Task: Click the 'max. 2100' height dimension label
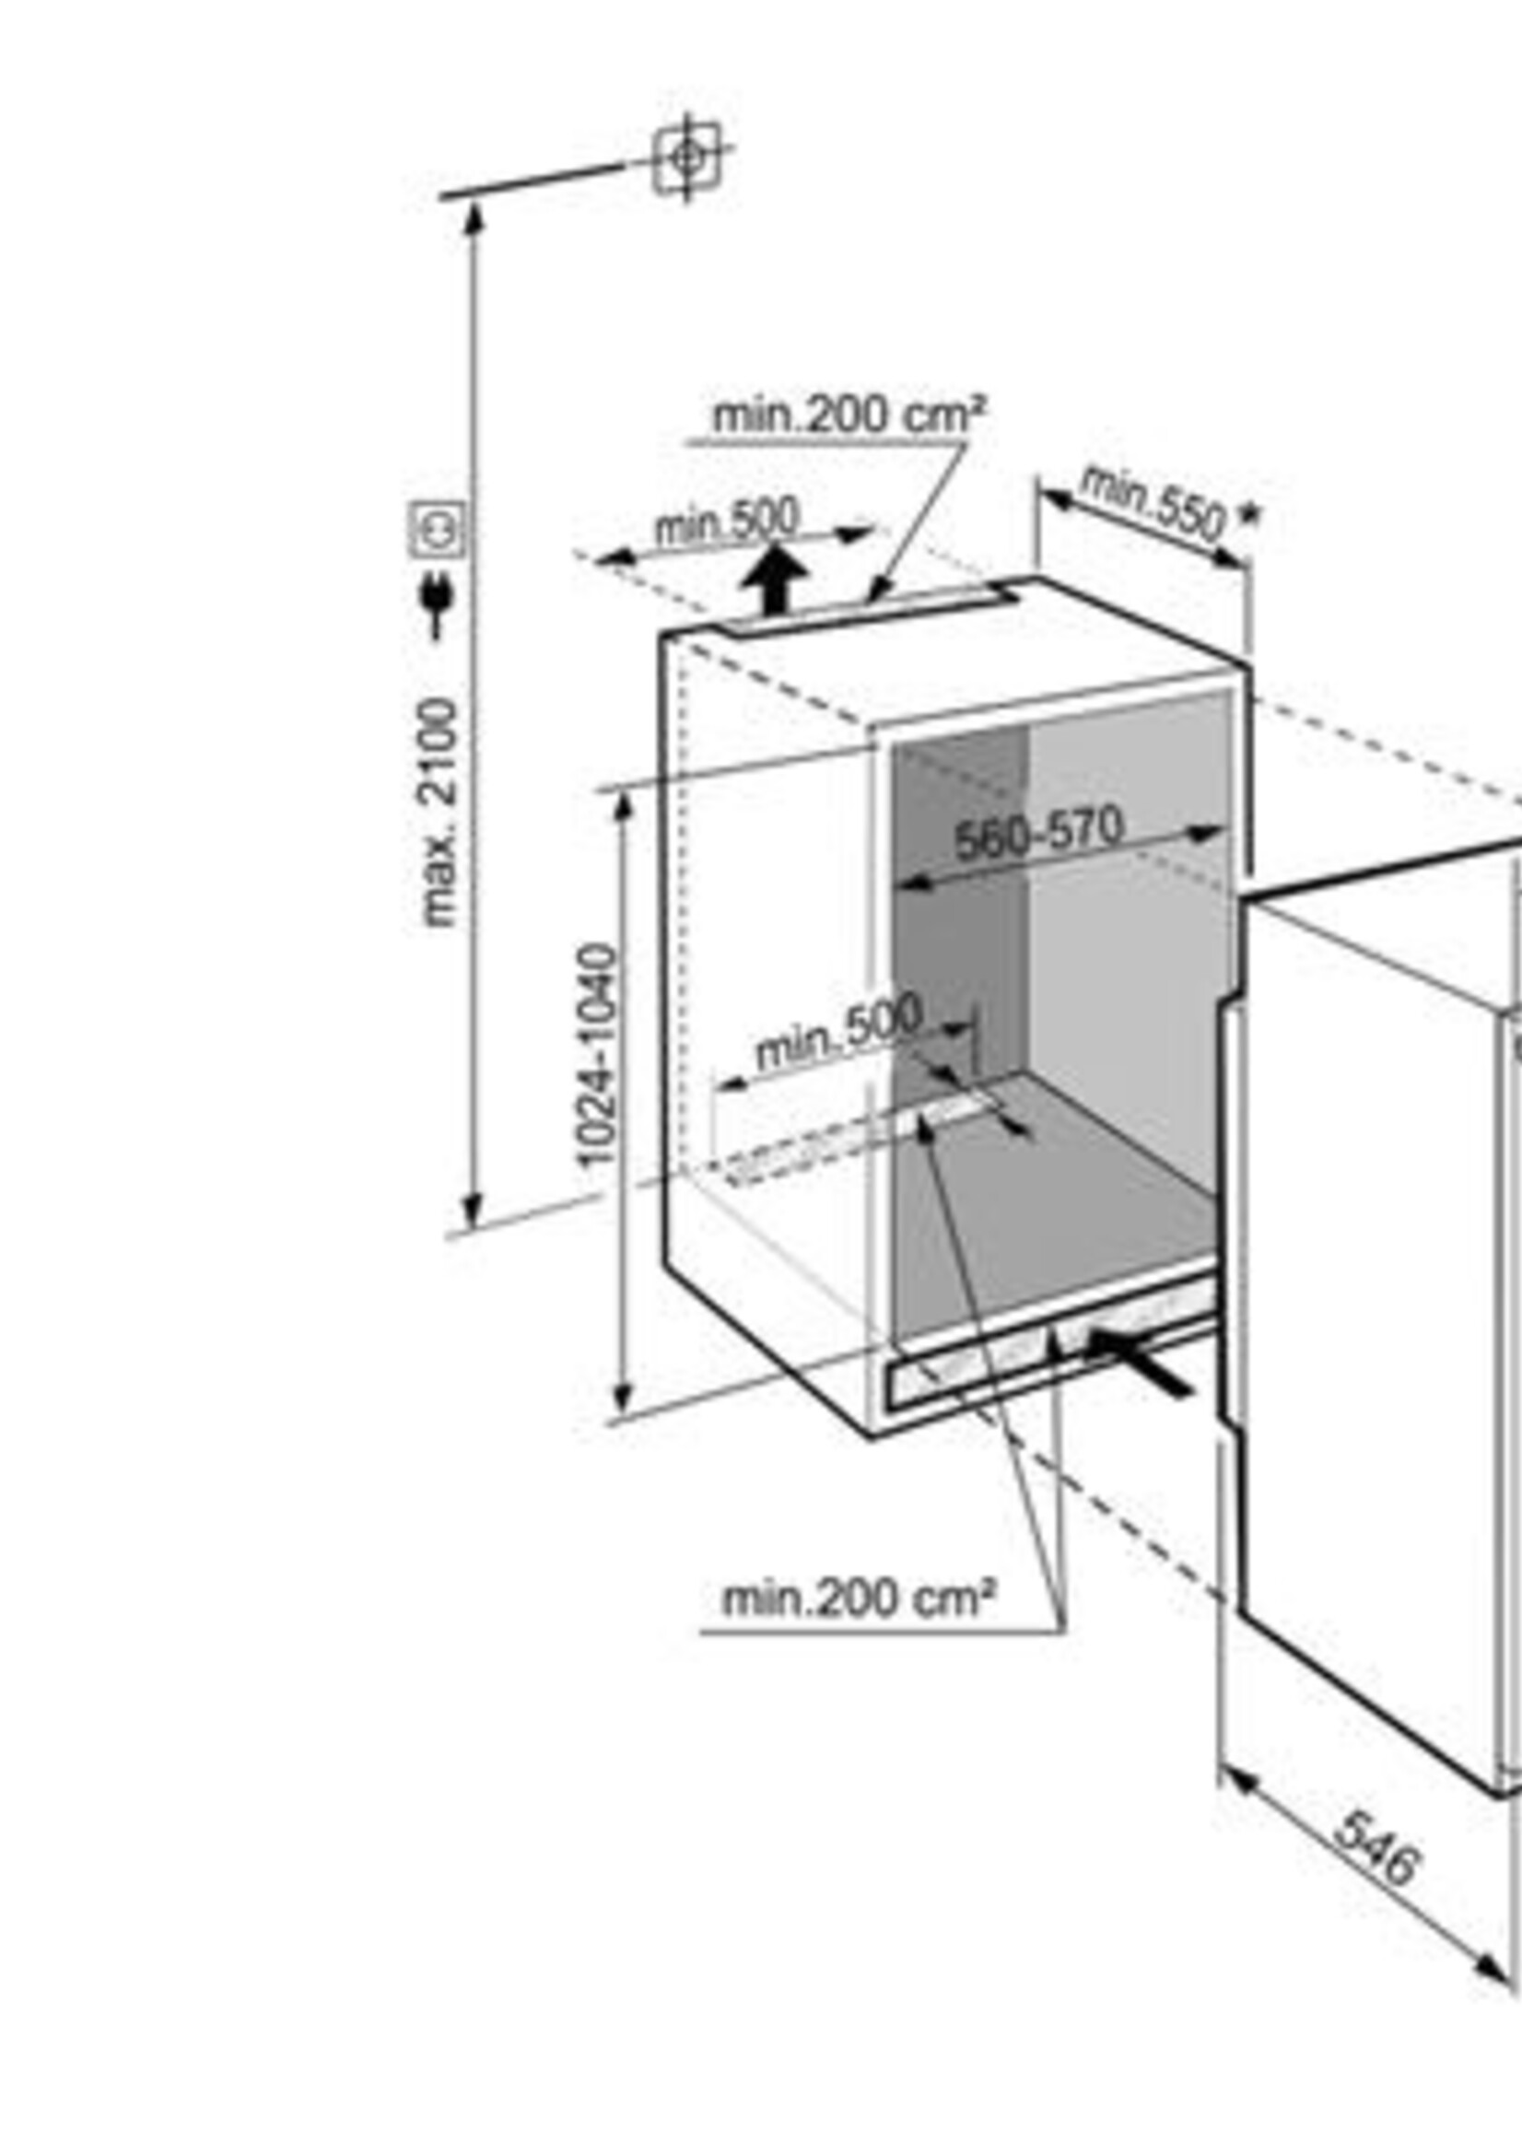pos(439,813)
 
